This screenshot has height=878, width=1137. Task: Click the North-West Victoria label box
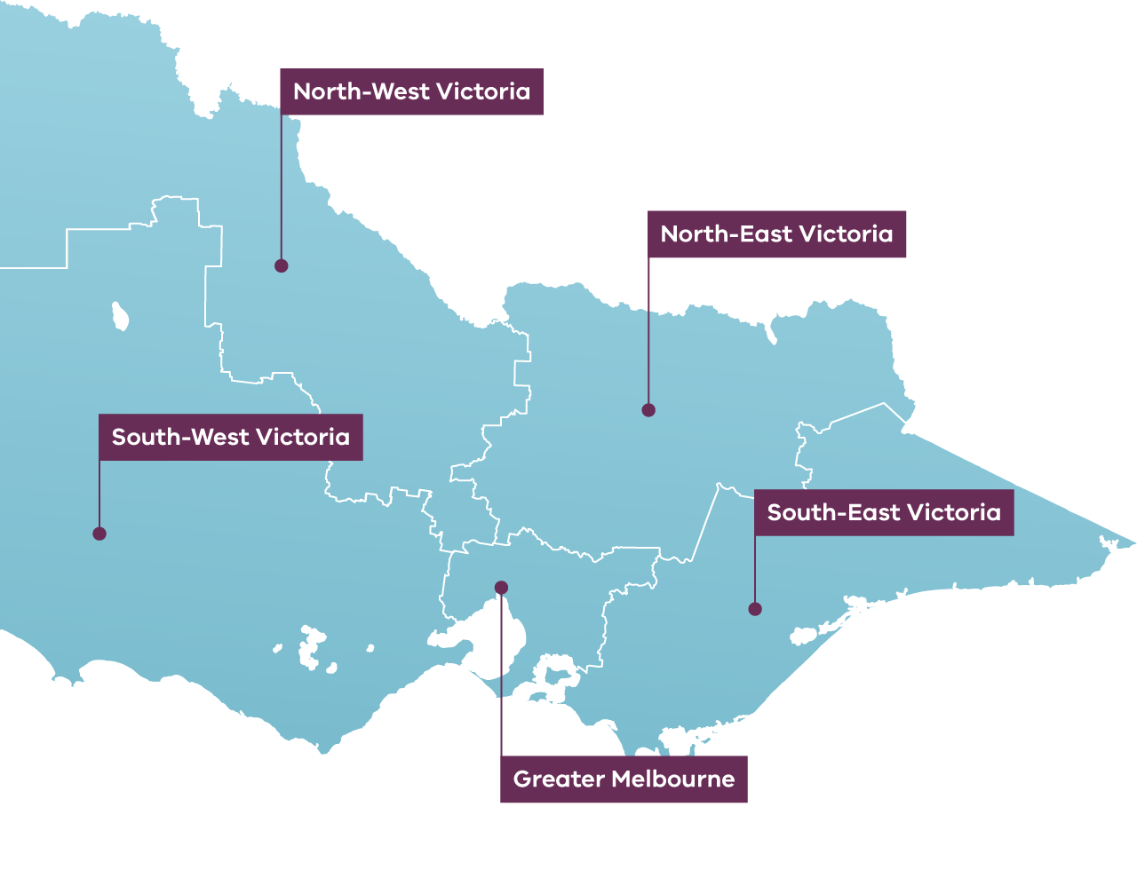(411, 91)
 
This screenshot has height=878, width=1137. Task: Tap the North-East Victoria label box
(776, 234)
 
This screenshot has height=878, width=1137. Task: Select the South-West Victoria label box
(230, 437)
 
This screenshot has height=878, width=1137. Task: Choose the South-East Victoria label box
(884, 512)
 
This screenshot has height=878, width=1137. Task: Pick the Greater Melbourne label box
(624, 779)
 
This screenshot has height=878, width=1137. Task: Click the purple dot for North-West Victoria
(281, 265)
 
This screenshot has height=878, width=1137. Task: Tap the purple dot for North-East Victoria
(648, 410)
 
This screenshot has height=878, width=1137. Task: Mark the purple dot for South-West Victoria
(99, 534)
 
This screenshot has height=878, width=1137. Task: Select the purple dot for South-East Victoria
(755, 609)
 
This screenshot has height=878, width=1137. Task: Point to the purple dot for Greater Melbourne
(501, 587)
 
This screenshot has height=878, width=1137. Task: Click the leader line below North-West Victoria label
(282, 186)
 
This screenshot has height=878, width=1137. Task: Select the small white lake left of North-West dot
(120, 315)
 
